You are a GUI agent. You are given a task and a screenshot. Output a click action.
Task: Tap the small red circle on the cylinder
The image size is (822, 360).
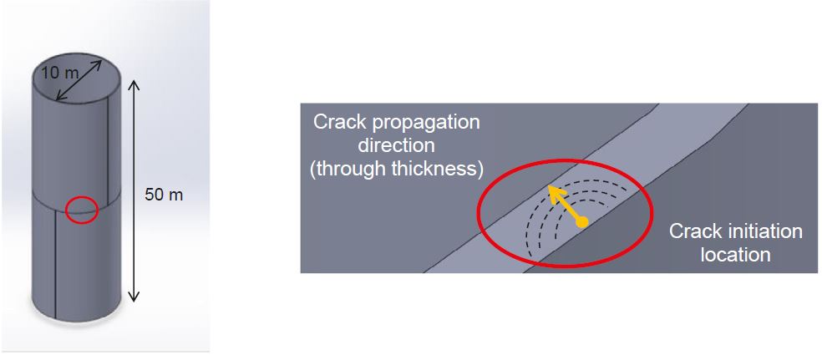pyautogui.click(x=82, y=210)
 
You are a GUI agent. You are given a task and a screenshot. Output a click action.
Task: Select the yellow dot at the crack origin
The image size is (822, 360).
pyautogui.click(x=581, y=223)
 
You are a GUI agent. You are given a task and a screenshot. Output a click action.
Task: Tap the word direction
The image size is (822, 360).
pyautogui.click(x=396, y=147)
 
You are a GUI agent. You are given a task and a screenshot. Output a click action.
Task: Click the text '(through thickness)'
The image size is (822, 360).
pyautogui.click(x=396, y=170)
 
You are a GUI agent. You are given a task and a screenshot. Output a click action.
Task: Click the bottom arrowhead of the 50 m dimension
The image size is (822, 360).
pyautogui.click(x=134, y=297)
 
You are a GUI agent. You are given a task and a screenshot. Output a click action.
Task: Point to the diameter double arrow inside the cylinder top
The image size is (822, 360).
pyautogui.click(x=79, y=80)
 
